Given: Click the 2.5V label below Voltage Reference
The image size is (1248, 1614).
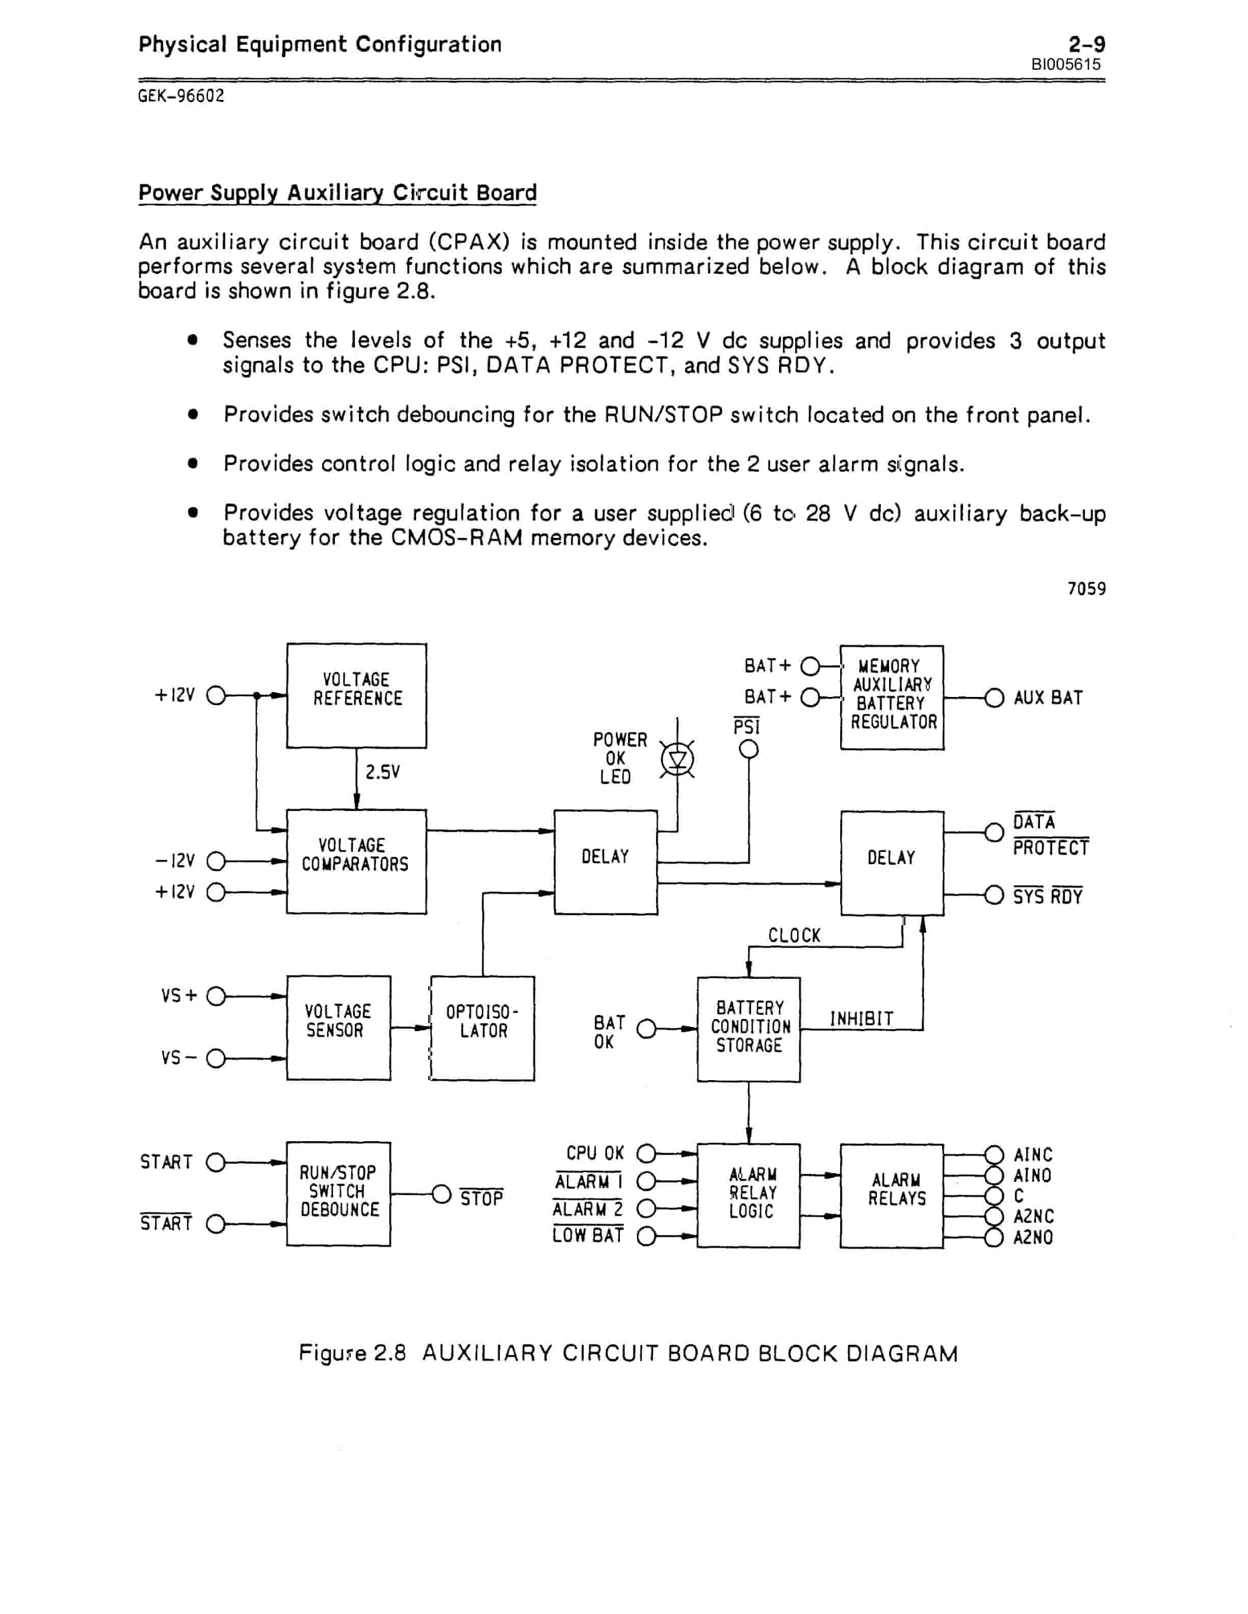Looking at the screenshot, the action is coord(382,772).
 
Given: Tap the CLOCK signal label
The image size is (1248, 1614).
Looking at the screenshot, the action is coord(794,935).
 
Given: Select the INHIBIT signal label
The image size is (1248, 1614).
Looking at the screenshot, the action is coord(862,1019).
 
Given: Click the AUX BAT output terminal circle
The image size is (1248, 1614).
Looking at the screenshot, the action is coord(995,697).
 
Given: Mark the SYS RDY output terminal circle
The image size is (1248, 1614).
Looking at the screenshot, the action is coord(995,896).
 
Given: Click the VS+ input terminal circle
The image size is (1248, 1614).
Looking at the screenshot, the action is coord(216,996).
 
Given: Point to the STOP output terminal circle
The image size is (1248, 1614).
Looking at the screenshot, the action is coord(441,1194).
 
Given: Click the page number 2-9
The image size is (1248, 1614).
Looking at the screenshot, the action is coord(1087,44).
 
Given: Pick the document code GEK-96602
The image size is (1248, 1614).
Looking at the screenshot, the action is coord(181,96).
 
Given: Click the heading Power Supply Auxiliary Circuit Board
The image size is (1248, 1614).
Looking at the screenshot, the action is coord(337,193).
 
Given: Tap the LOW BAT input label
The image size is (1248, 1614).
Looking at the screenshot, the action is coord(588,1235).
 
